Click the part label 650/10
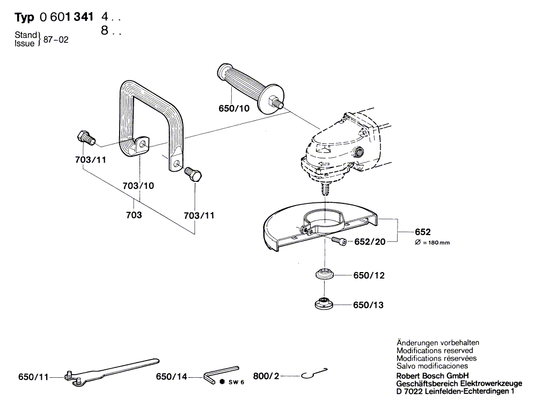234,108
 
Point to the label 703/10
139,186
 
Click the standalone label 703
134,215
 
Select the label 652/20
370,242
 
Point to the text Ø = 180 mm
433,243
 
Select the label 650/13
368,305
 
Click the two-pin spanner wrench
110,371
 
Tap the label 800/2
267,377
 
